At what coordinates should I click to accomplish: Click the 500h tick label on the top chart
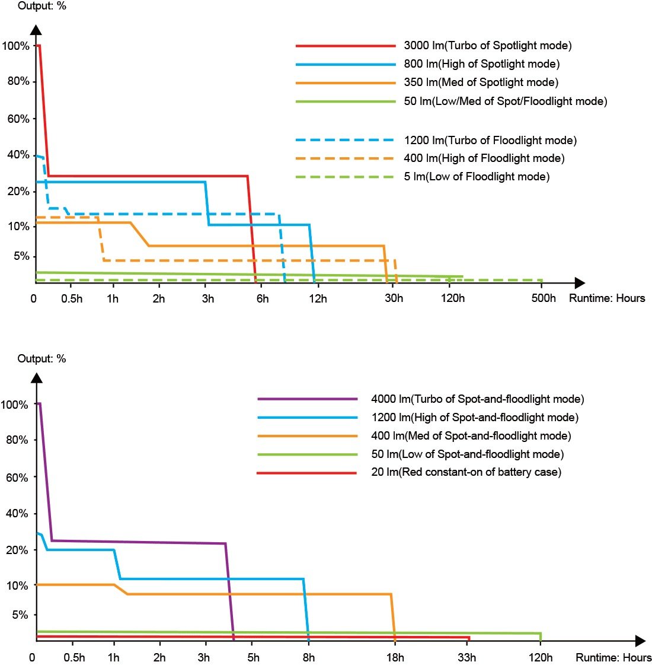point(544,298)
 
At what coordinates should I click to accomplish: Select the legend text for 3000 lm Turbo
point(487,46)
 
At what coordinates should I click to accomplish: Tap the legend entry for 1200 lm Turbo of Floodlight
point(490,141)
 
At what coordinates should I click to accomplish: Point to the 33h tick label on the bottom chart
point(466,657)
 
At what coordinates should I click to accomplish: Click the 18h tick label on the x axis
point(395,657)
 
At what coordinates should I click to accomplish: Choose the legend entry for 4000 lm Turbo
point(477,399)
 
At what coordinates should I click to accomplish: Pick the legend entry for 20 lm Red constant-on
point(466,472)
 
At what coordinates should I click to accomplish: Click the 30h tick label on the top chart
point(394,298)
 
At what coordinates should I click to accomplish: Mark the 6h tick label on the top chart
point(262,298)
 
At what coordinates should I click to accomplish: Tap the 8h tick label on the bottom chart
point(308,657)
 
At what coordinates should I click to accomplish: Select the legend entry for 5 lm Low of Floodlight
point(477,177)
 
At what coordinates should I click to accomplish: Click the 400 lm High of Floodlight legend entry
point(484,158)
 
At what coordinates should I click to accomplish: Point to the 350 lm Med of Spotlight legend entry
point(481,82)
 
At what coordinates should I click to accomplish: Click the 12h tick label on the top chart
point(318,298)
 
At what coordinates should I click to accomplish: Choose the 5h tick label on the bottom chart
point(253,657)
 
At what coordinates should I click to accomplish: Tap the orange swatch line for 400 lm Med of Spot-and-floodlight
point(308,436)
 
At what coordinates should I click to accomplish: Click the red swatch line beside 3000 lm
point(346,46)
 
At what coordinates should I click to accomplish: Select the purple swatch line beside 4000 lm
point(308,399)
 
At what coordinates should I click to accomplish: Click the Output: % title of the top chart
point(42,7)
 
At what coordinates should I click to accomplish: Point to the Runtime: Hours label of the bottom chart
point(613,657)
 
